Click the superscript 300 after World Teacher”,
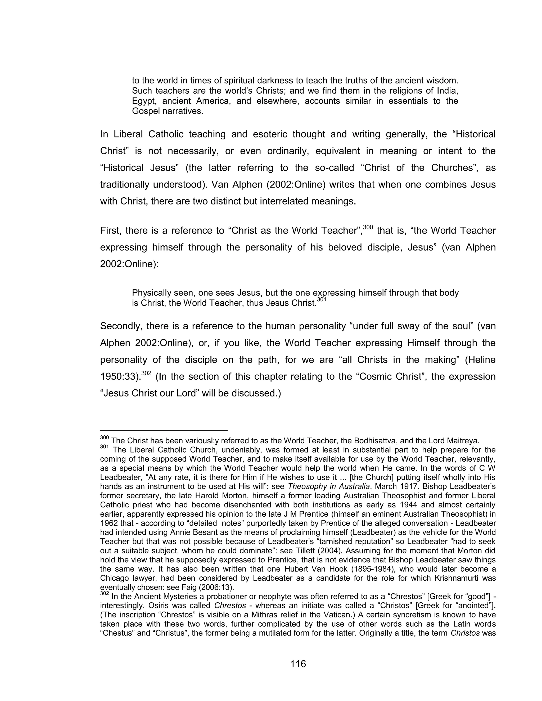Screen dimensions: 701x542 click(x=368, y=227)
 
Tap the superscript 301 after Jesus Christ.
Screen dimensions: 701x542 click(x=321, y=299)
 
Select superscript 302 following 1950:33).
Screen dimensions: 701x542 click(x=146, y=373)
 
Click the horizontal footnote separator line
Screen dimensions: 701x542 click(x=164, y=430)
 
